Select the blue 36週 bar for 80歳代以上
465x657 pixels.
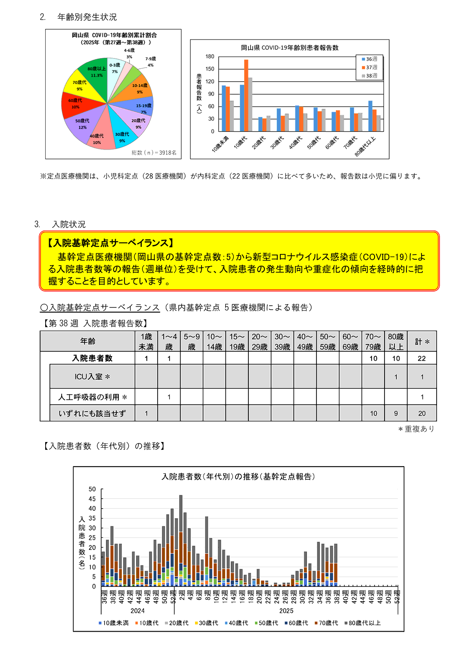[370, 116]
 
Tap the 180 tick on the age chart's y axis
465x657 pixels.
[210, 56]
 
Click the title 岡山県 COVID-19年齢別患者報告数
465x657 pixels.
[289, 48]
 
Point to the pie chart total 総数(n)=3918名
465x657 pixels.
[154, 153]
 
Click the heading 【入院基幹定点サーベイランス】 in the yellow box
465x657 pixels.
[111, 243]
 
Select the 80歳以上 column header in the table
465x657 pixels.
[396, 341]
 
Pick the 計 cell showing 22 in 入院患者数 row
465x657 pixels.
[422, 358]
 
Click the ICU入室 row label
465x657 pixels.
[92, 377]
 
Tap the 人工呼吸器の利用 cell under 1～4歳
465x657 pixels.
[169, 397]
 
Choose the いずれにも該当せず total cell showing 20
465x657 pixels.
[422, 413]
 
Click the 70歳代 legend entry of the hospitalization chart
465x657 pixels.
[326, 623]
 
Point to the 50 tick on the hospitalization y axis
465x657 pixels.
[92, 489]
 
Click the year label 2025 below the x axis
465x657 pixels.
[286, 611]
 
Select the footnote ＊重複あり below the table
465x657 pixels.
[416, 429]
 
